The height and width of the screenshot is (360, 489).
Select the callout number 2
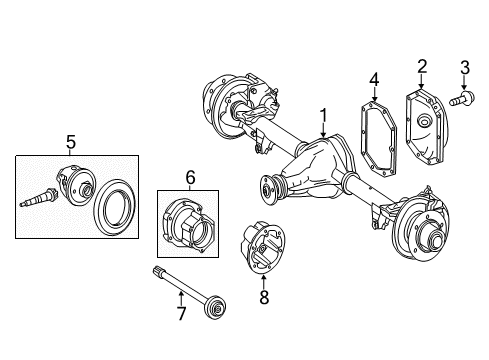422,67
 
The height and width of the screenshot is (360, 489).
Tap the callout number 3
464,68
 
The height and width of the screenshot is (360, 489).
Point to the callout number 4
373,78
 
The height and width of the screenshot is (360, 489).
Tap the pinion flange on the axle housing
269,187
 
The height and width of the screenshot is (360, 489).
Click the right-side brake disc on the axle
426,239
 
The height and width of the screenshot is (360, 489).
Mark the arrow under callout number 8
263,280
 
